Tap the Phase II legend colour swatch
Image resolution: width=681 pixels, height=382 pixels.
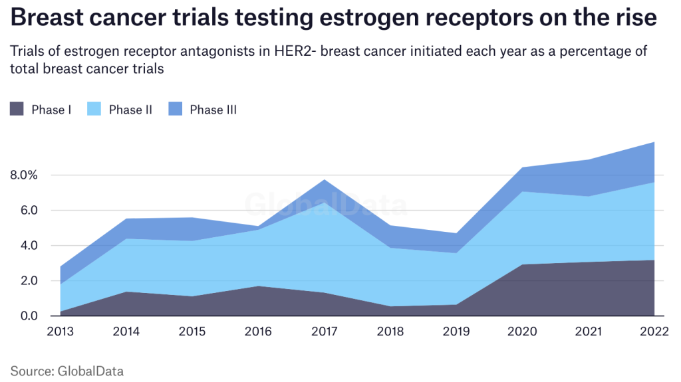(x=94, y=110)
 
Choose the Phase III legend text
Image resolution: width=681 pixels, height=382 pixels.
(x=213, y=110)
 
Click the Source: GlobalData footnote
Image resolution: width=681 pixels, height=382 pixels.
(x=67, y=371)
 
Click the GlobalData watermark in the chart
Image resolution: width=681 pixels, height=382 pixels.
(x=326, y=205)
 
